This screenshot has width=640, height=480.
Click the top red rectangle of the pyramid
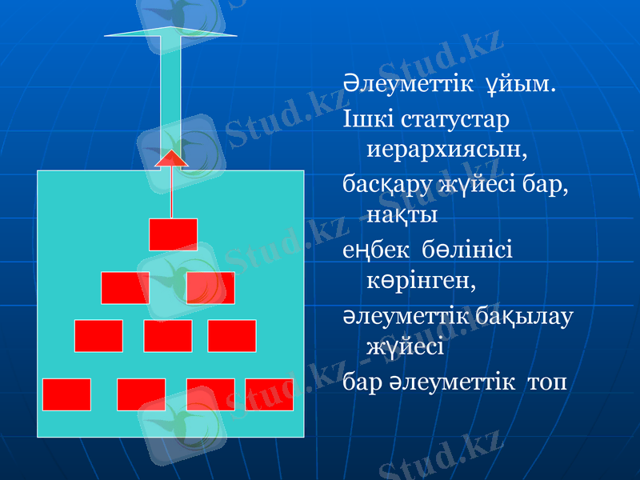click(x=173, y=234)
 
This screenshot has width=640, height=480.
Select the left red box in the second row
click(x=125, y=287)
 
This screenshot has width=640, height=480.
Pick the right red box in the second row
click(x=210, y=287)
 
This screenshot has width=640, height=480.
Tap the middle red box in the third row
click(x=168, y=335)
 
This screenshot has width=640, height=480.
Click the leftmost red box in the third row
click(x=98, y=335)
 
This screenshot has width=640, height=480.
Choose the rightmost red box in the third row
click(x=231, y=335)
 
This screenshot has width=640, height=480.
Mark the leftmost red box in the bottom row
click(x=66, y=394)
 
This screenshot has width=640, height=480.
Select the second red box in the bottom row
click(x=141, y=394)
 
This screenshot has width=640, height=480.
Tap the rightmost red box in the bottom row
click(x=270, y=394)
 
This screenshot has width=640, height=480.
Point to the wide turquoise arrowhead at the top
click(x=170, y=32)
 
